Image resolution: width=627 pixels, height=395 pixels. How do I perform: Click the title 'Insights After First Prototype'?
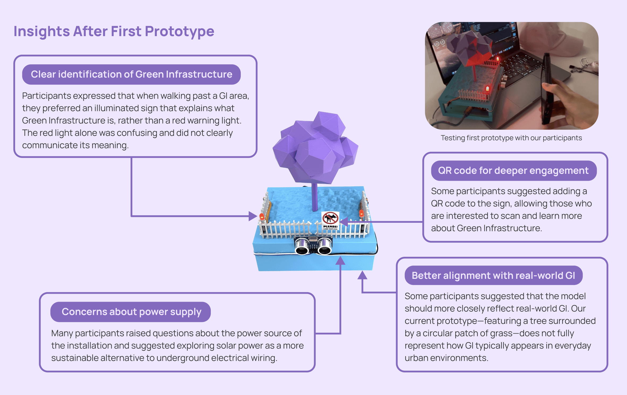(114, 31)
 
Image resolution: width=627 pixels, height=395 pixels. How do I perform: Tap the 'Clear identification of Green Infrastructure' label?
(131, 74)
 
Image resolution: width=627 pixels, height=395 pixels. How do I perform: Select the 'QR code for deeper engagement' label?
(513, 171)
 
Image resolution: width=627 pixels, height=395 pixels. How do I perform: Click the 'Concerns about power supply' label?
(131, 312)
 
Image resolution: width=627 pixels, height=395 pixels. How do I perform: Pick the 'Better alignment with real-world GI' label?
(493, 276)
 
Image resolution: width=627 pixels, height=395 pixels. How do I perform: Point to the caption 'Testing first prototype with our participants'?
(511, 138)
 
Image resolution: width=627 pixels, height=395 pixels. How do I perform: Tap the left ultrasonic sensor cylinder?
(302, 246)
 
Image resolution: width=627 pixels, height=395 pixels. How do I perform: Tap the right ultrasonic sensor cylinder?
(324, 246)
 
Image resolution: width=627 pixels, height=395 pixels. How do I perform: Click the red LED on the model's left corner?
(262, 216)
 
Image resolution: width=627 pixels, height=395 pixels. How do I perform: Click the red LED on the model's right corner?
(361, 213)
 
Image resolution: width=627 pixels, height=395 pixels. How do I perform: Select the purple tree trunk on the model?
(315, 197)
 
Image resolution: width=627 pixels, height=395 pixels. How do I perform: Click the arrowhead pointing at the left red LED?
(253, 216)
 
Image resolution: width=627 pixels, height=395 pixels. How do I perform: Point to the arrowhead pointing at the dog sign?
(344, 221)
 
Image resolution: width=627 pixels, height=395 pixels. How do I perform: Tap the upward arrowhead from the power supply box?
(340, 261)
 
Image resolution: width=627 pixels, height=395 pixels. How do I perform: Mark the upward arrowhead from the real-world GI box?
(362, 275)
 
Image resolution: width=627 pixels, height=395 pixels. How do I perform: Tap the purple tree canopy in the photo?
(467, 45)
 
